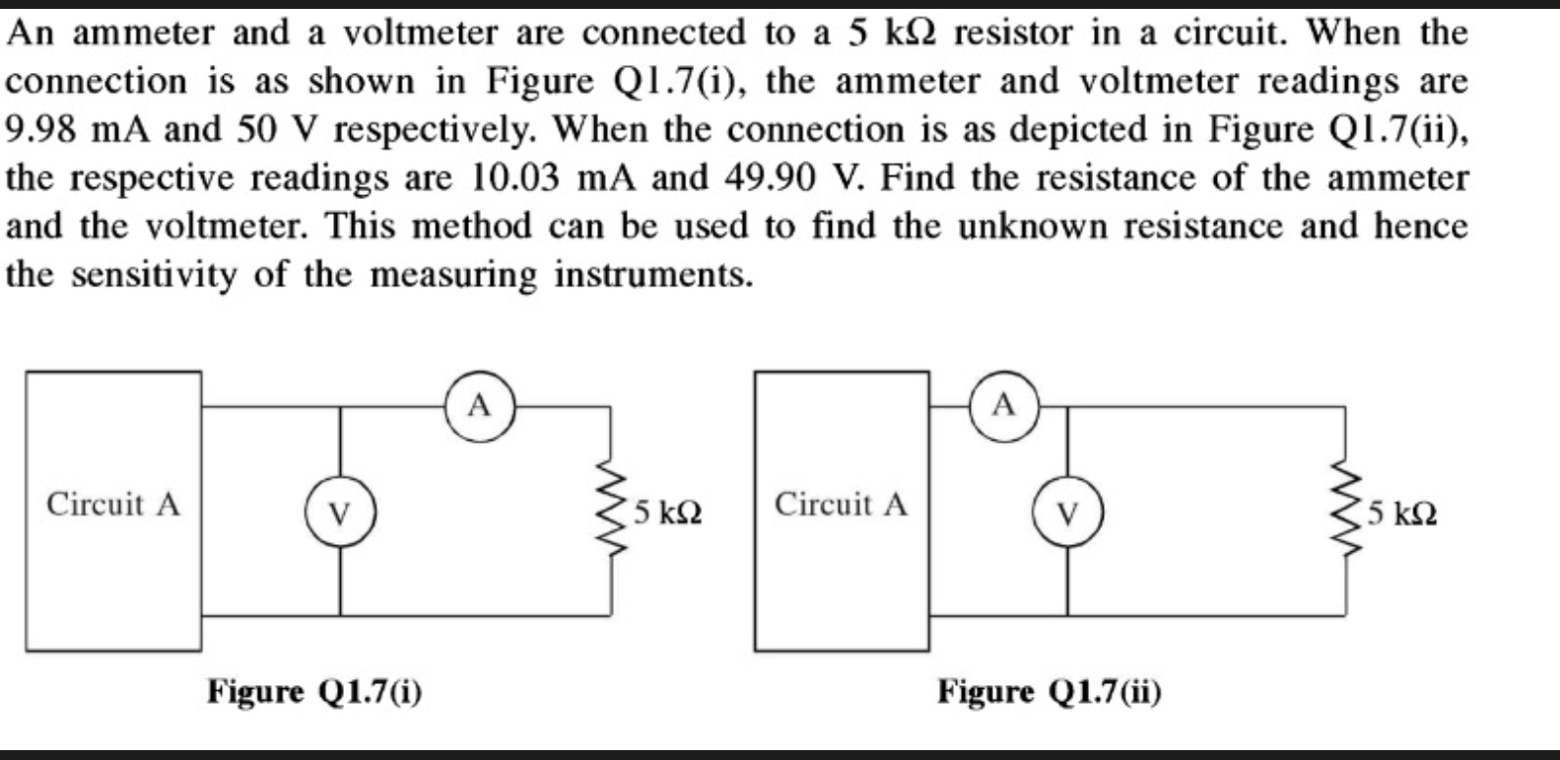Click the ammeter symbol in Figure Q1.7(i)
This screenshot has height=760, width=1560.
point(478,405)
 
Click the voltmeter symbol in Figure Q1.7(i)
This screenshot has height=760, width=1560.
point(340,513)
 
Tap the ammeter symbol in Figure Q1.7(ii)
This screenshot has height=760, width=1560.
point(1002,404)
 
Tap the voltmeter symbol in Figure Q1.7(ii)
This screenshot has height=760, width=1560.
point(1067,513)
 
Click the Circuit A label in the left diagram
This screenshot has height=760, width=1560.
point(113,505)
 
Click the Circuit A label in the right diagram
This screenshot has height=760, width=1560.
point(841,505)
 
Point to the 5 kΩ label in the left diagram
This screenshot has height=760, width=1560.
point(668,514)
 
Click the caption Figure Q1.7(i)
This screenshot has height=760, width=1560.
point(314,692)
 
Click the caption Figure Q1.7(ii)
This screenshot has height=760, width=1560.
point(1049,692)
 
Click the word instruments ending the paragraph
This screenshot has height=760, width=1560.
point(652,274)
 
